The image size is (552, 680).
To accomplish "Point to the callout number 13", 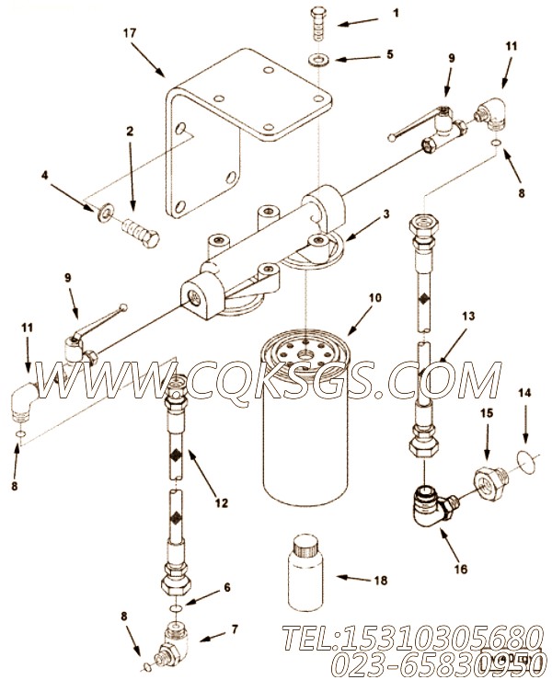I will point(468,316).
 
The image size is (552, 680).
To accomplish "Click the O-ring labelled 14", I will point(523,459).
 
